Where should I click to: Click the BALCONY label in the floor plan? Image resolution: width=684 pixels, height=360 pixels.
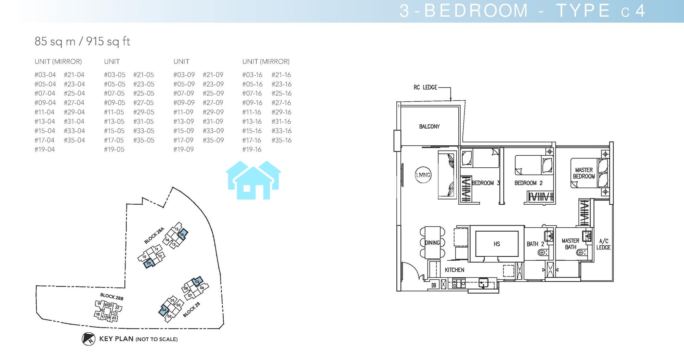(429, 127)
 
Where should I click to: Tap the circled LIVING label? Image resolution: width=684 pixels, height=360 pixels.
(423, 175)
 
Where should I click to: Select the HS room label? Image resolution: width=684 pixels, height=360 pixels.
(497, 244)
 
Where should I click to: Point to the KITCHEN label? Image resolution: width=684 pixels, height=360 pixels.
(454, 270)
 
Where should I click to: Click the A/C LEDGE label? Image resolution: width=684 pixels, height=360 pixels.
(603, 244)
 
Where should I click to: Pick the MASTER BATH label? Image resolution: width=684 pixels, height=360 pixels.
(570, 244)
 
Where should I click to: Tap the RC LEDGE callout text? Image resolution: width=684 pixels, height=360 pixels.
(425, 87)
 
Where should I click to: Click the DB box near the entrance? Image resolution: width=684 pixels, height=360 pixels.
(434, 285)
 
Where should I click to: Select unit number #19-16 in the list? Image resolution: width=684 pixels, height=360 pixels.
(252, 150)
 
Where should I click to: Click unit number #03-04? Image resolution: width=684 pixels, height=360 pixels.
(45, 75)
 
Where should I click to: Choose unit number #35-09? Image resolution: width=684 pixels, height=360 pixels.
(213, 140)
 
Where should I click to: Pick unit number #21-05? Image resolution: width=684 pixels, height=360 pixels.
(144, 75)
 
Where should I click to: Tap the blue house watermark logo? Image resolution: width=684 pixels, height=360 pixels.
(253, 180)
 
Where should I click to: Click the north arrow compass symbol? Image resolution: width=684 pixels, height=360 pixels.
(89, 339)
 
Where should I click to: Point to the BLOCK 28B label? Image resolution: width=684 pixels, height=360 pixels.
(112, 297)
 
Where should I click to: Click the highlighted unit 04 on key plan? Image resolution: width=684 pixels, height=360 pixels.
(164, 310)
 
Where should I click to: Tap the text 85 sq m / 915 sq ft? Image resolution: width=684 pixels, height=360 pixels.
(82, 41)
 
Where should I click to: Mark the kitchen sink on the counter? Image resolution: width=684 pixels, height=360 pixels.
(483, 283)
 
